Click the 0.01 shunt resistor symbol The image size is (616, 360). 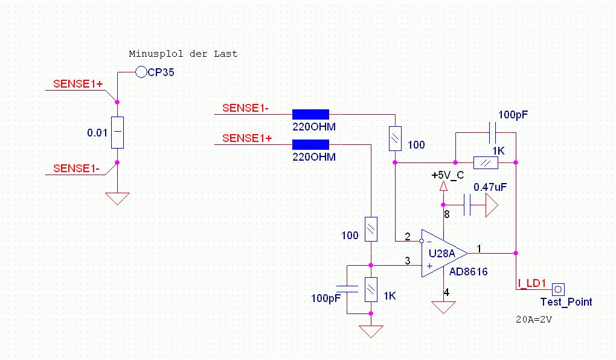pos(117,132)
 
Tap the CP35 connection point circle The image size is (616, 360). pos(141,72)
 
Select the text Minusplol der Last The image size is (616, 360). pos(183,54)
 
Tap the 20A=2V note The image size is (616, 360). pos(531,318)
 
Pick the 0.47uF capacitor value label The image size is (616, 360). pos(490,187)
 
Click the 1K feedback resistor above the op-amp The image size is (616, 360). pos(486,162)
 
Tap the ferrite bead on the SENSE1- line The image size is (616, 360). pos(310,114)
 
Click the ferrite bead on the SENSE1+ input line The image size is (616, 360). pos(310,144)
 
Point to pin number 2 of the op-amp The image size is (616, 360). pos(408,236)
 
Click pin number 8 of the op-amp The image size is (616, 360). pos(447,214)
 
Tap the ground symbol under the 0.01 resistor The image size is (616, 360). pos(117,199)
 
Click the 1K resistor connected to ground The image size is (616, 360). pos(371,289)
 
